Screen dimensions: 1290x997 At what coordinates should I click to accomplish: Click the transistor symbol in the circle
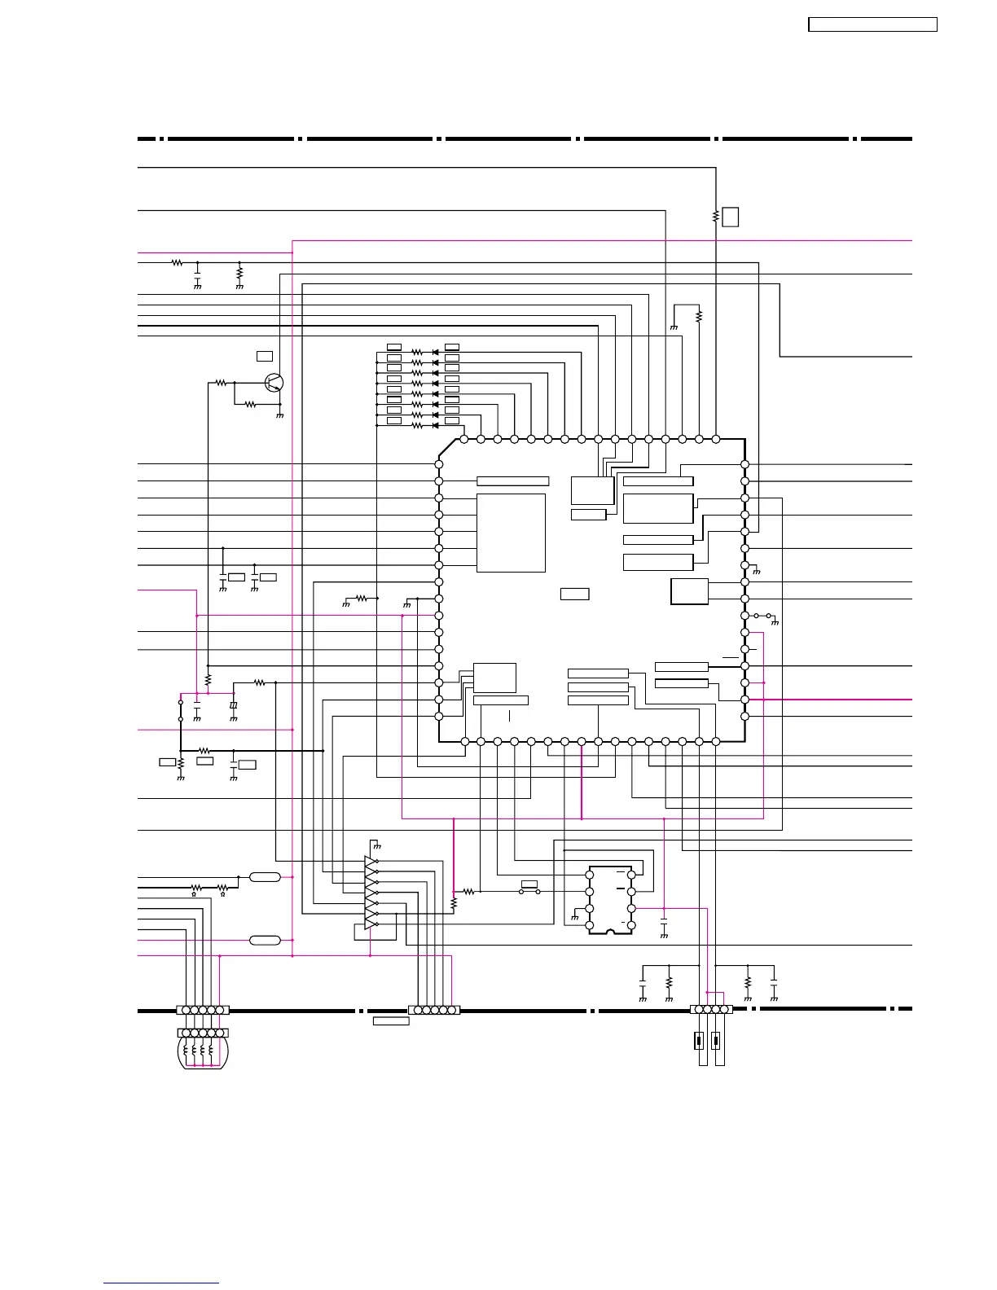(275, 382)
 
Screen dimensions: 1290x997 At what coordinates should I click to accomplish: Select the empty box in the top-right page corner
(872, 24)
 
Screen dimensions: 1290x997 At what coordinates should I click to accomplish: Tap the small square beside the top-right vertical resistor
(731, 217)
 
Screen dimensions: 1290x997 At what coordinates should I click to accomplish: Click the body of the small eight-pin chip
(610, 900)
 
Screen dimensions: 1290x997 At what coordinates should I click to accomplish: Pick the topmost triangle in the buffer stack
(371, 861)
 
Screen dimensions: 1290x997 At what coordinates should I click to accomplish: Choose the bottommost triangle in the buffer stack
(371, 924)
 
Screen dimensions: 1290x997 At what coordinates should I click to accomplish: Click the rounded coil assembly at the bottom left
(203, 1050)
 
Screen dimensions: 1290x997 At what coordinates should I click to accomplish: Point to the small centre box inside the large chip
(575, 594)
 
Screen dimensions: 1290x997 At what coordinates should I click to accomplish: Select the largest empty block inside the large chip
(511, 533)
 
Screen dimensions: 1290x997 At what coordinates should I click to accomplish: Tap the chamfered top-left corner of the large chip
(447, 449)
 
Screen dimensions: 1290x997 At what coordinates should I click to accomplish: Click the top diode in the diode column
(435, 352)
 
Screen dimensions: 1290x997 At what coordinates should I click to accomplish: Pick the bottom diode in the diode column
(435, 425)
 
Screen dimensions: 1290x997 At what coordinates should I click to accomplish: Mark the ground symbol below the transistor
(280, 415)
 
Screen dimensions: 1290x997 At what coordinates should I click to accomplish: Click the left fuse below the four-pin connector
(699, 1040)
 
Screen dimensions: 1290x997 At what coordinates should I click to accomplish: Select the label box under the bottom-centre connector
(391, 1021)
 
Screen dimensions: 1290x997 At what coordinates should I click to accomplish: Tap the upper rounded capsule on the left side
(265, 877)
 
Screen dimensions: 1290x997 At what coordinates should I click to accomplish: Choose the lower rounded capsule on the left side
(265, 941)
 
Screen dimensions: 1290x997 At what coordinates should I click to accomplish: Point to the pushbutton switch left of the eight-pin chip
(529, 891)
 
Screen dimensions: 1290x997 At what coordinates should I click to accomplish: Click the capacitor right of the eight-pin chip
(664, 926)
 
